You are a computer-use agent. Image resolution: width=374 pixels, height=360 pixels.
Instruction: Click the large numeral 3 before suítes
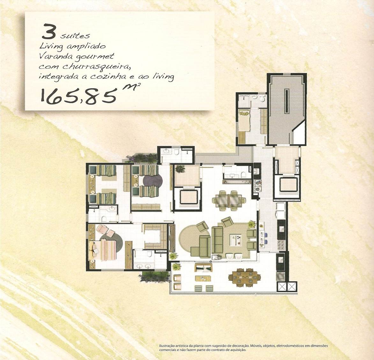[x=49, y=31]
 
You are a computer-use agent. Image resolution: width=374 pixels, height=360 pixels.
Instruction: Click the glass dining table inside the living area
[x=229, y=200]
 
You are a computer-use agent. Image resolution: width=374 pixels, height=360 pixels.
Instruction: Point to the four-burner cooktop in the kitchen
[x=282, y=244]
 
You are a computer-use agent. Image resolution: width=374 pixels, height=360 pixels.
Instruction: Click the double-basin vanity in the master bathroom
[x=143, y=266]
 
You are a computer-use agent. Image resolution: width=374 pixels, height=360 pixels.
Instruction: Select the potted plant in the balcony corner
[x=176, y=267]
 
